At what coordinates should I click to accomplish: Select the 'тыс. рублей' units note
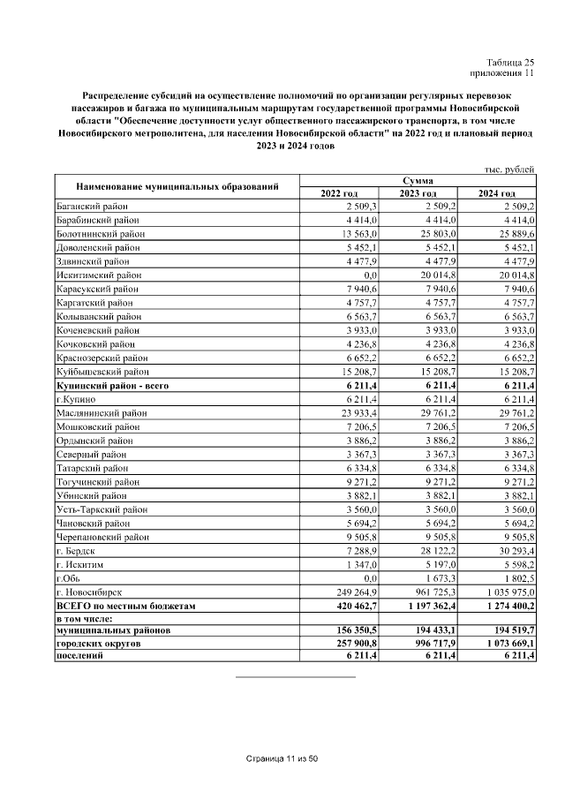click(509, 169)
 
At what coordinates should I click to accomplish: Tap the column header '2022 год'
click(339, 192)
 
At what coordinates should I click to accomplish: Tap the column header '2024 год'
click(496, 192)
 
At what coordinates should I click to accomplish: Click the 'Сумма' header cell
click(418, 180)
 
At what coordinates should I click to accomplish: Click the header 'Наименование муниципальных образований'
click(177, 186)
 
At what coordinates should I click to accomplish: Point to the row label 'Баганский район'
click(91, 206)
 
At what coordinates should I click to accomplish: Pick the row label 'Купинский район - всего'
click(112, 385)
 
